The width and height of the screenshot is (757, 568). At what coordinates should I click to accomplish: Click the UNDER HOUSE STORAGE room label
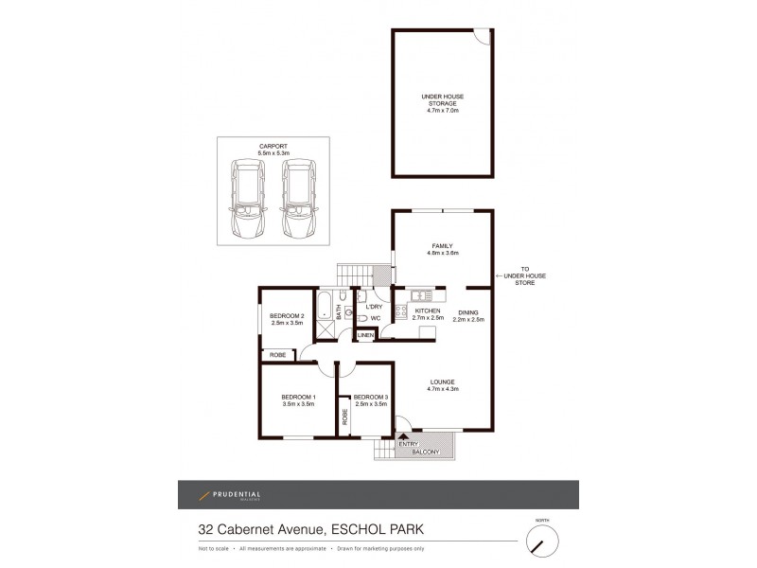pyautogui.click(x=441, y=98)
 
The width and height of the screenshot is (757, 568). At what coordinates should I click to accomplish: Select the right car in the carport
pyautogui.click(x=298, y=200)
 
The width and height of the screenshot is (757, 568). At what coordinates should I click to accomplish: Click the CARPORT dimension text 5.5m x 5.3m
pyautogui.click(x=273, y=153)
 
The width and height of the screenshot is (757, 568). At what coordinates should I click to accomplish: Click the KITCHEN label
pyautogui.click(x=428, y=311)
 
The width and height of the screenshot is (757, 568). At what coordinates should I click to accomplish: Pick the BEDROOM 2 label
pyautogui.click(x=287, y=316)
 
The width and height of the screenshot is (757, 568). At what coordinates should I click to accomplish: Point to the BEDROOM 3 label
pyautogui.click(x=369, y=397)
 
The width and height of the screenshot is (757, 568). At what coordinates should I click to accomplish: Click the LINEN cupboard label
pyautogui.click(x=365, y=334)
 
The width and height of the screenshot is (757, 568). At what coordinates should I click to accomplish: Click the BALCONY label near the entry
pyautogui.click(x=426, y=453)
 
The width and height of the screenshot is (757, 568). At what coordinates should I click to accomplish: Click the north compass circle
pyautogui.click(x=542, y=541)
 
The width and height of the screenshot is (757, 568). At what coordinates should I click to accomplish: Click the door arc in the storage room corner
pyautogui.click(x=483, y=38)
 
